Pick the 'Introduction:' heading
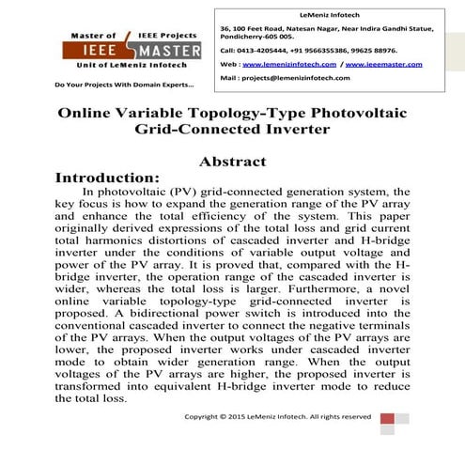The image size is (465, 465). pyautogui.click(x=109, y=177)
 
